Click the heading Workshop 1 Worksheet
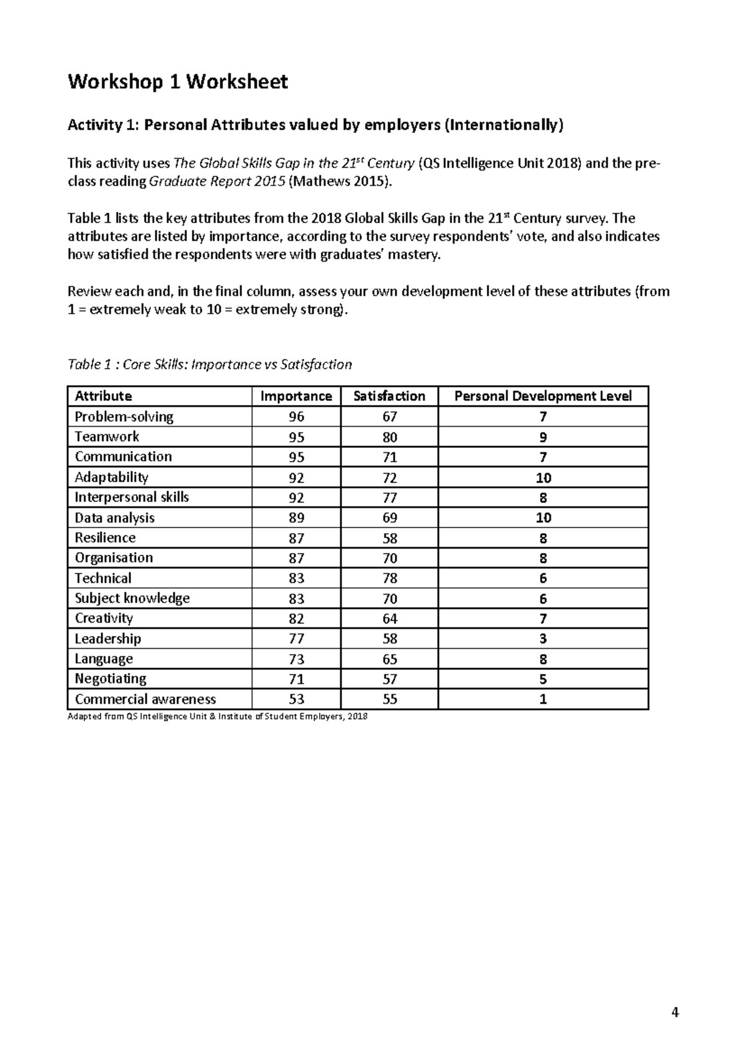coord(178,81)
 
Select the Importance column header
coord(296,396)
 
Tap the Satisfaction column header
coord(389,396)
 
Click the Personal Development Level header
coord(543,396)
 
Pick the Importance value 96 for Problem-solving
coord(296,417)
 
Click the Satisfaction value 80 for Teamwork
coord(389,437)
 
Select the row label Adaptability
coord(111,477)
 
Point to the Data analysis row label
coord(114,518)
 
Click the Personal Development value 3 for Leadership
coord(543,639)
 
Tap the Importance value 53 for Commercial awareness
coord(296,699)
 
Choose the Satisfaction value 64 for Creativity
coord(389,619)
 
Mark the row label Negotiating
coord(111,678)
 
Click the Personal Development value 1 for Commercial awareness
coord(543,699)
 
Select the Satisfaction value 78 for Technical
coord(389,578)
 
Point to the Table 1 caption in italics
coord(209,365)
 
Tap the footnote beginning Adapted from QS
coord(217,716)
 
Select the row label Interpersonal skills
coord(132,497)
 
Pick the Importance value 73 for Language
coord(296,659)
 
